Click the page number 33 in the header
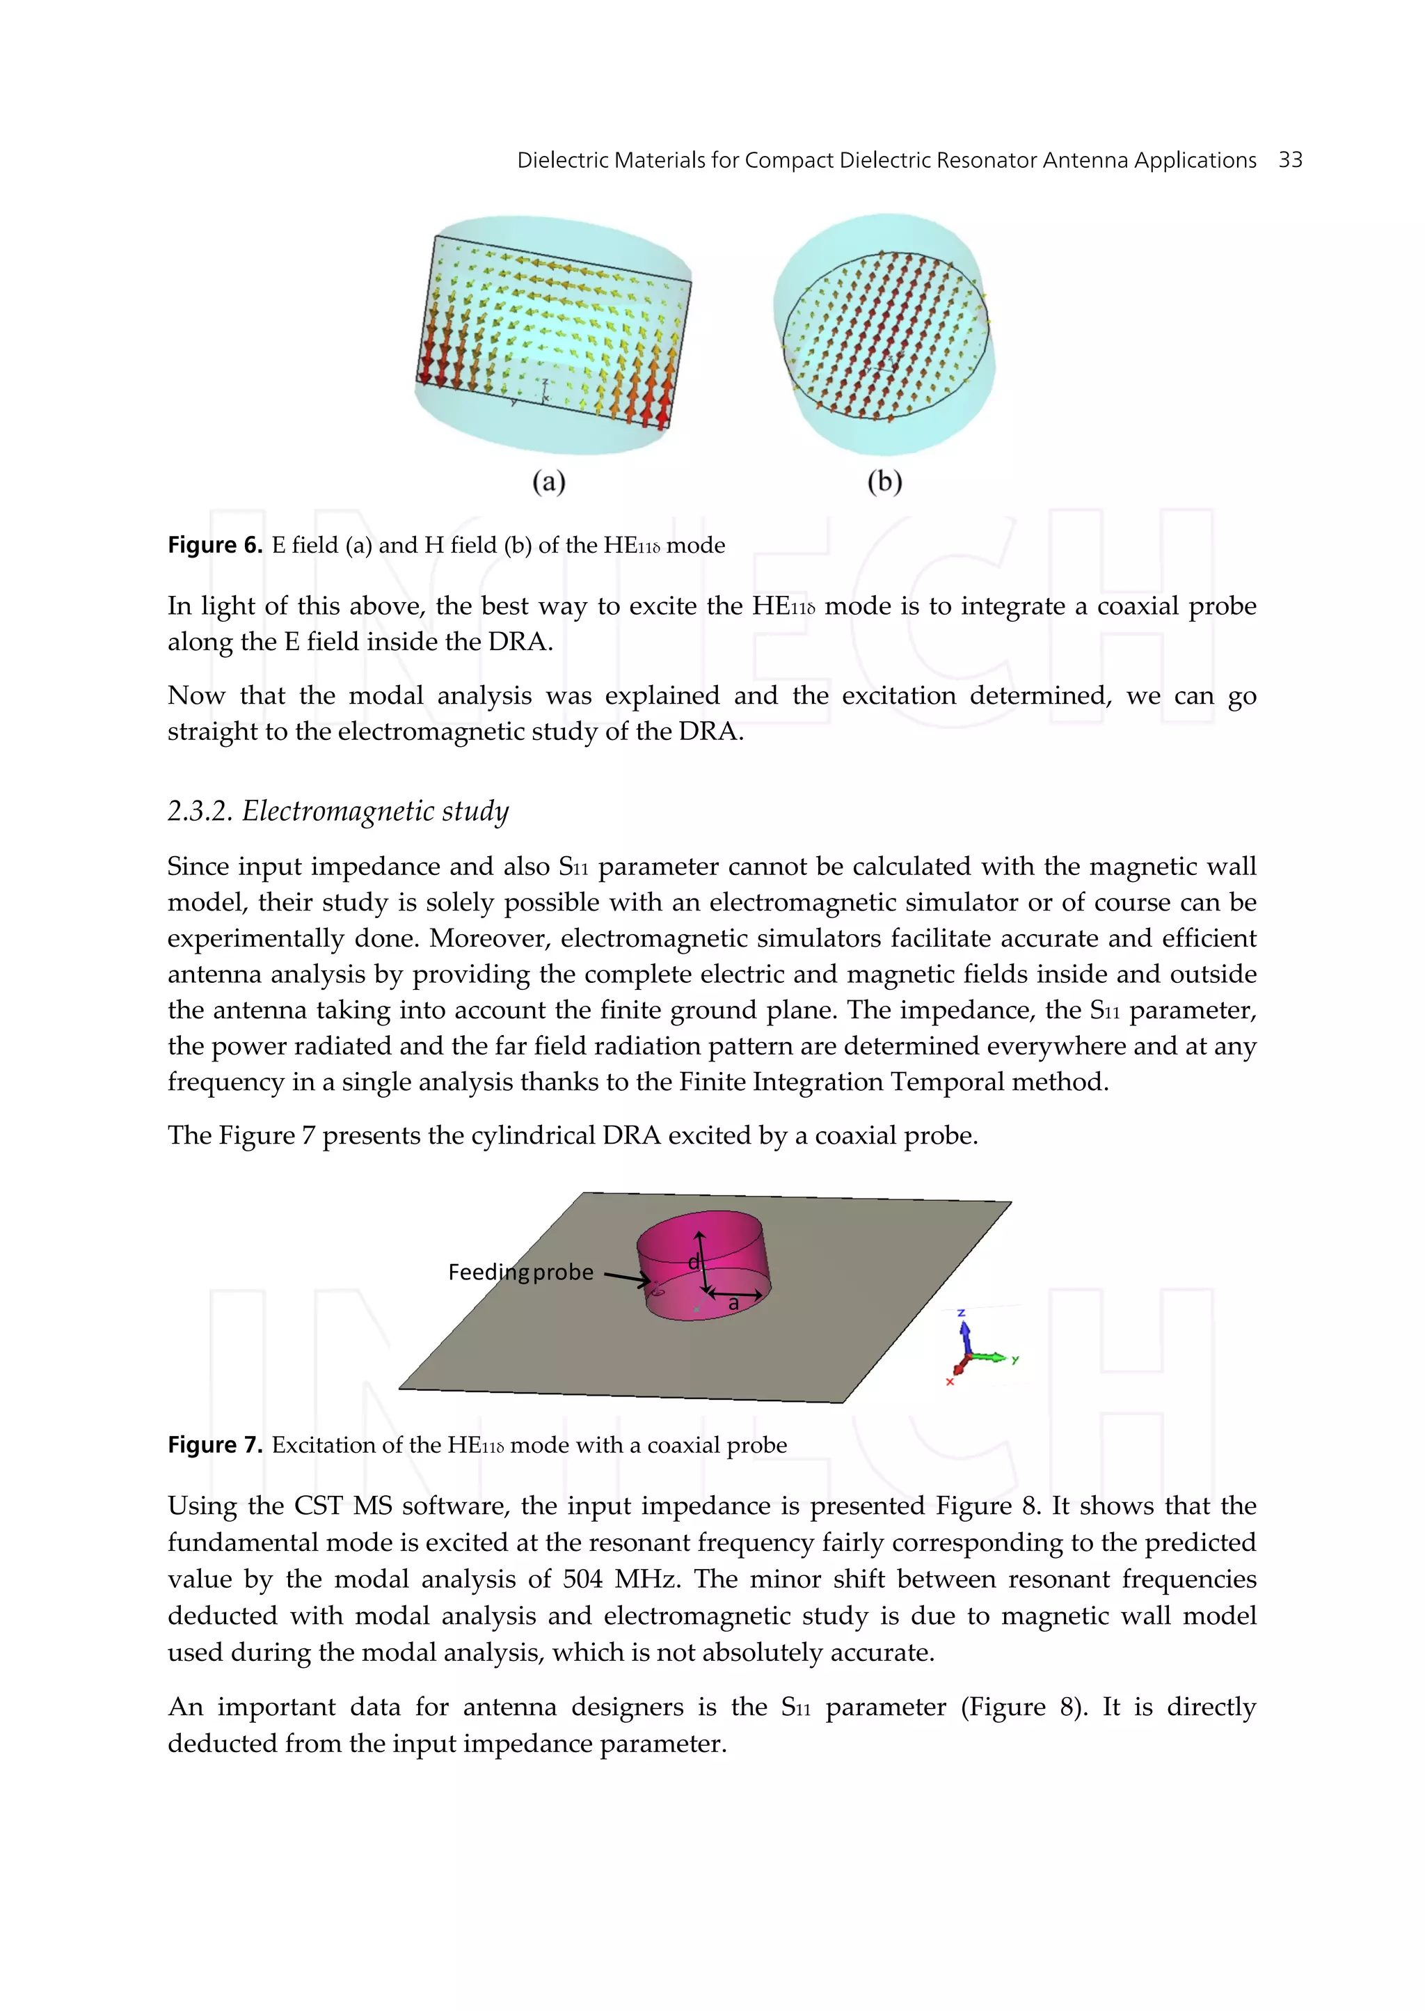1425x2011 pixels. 1290,160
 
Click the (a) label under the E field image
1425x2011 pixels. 549,481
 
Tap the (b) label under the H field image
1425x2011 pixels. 884,481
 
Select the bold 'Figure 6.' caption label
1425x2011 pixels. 215,545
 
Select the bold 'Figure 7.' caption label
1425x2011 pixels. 215,1445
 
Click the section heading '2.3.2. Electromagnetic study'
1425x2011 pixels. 338,810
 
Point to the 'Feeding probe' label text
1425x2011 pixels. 520,1272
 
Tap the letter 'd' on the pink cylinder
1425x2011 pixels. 692,1262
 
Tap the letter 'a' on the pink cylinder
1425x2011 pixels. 733,1304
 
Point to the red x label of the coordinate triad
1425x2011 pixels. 949,1382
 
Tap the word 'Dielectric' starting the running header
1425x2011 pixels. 562,160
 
